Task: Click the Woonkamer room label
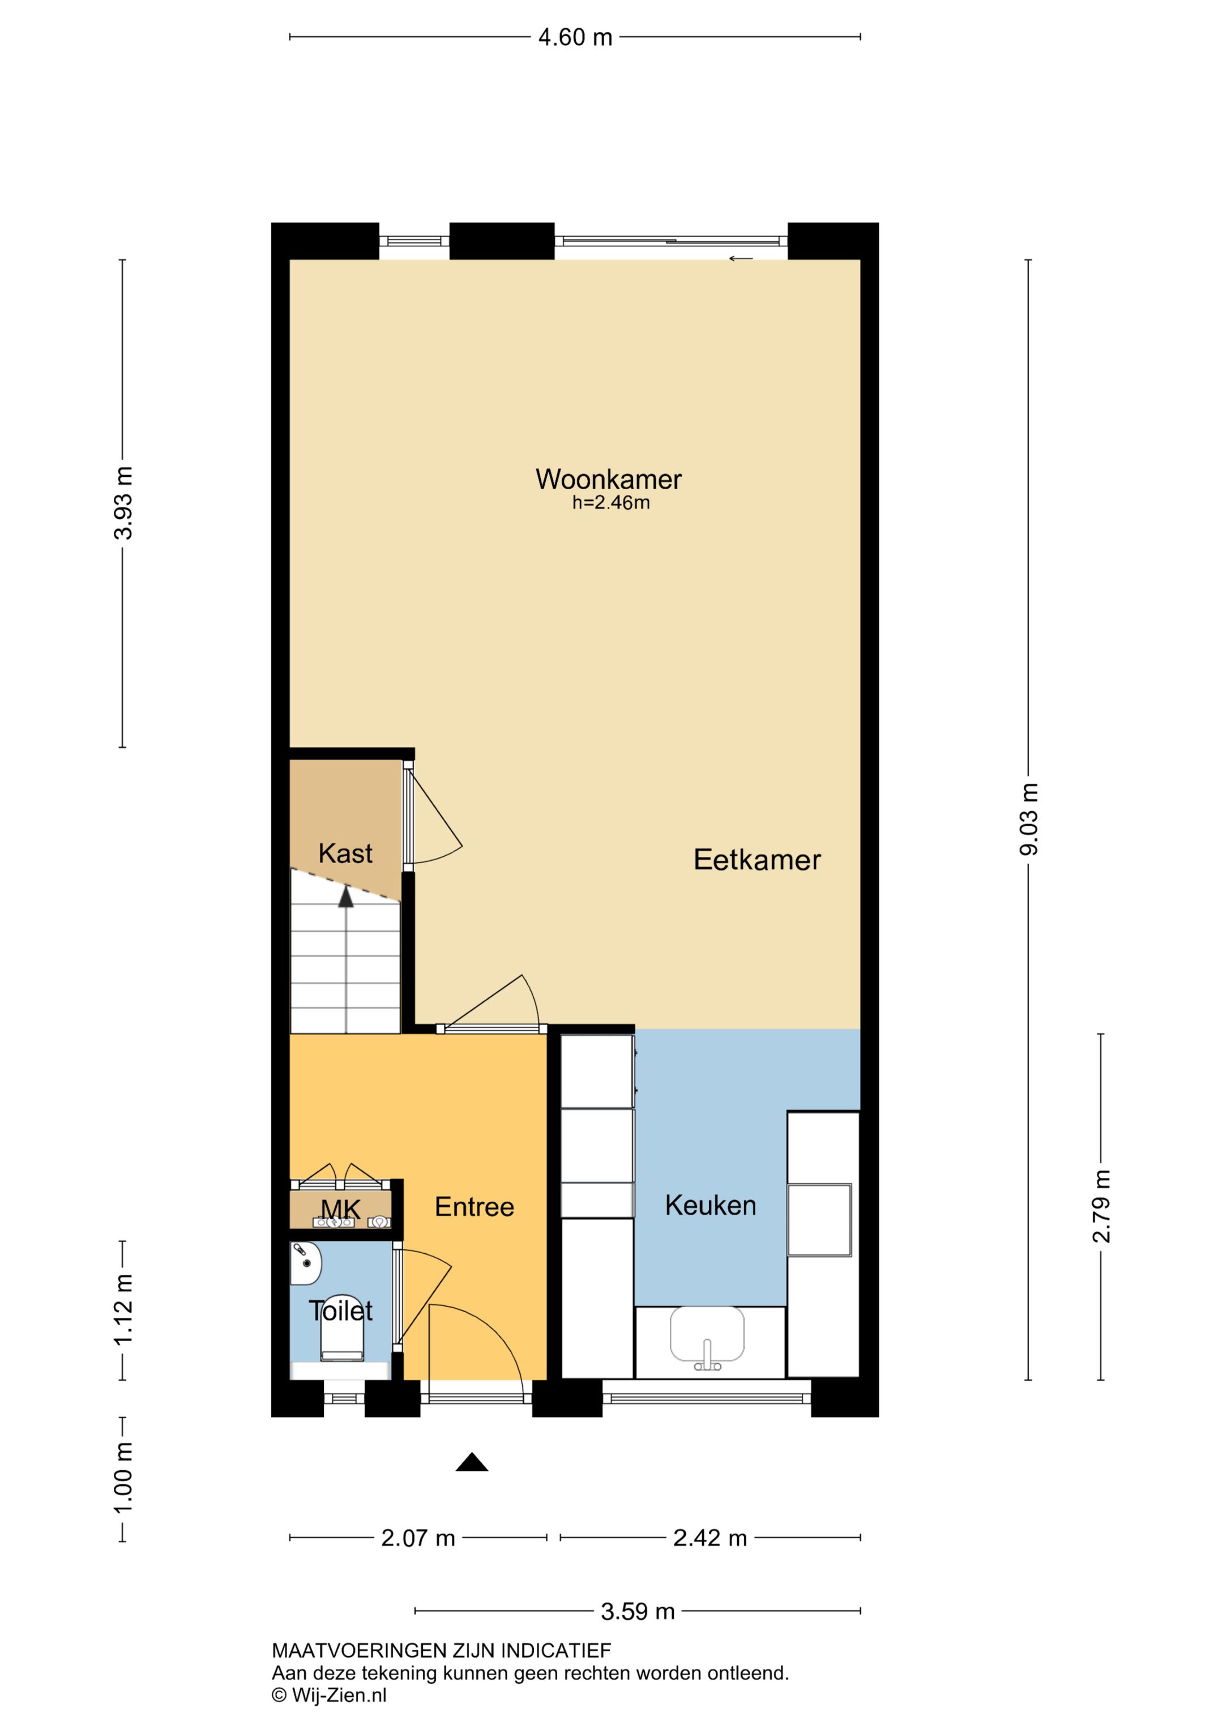609,479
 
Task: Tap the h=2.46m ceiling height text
611,503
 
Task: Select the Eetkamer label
757,860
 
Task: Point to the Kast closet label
345,853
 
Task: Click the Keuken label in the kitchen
710,1205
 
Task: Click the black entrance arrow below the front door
472,1462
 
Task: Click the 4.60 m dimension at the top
575,37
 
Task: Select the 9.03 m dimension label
1029,819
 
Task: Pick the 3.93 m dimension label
123,503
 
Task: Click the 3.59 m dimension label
638,1612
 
